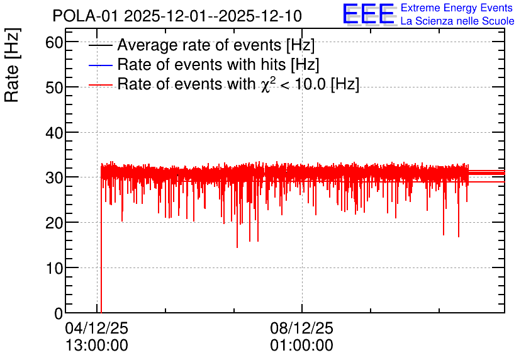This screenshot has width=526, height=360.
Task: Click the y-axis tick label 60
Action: click(x=54, y=43)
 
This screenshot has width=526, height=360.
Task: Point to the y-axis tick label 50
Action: click(x=54, y=87)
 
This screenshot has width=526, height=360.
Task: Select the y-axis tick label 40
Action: click(x=54, y=133)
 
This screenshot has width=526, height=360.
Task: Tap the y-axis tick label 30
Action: click(x=54, y=178)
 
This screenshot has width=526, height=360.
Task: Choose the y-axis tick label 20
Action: click(x=54, y=223)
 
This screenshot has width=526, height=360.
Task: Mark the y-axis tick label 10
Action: click(x=54, y=268)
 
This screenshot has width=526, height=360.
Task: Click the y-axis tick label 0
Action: click(x=59, y=313)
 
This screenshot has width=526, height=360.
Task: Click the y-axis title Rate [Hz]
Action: click(x=12, y=65)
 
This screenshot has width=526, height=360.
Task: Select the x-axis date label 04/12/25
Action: click(x=97, y=328)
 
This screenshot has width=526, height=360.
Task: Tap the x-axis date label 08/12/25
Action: click(x=301, y=328)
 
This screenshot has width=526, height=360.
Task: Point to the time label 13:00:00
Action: click(x=97, y=346)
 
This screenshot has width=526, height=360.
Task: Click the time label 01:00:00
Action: click(x=301, y=346)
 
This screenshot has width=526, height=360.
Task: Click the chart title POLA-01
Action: click(x=85, y=16)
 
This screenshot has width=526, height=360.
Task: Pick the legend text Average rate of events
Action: click(x=199, y=45)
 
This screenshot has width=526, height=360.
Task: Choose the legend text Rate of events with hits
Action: click(x=201, y=64)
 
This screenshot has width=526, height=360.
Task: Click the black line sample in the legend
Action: click(x=100, y=45)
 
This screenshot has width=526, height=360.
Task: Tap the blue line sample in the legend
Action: click(x=100, y=65)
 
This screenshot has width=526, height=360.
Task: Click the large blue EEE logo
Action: click(x=368, y=14)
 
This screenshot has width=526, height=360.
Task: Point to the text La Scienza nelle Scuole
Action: click(x=457, y=21)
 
